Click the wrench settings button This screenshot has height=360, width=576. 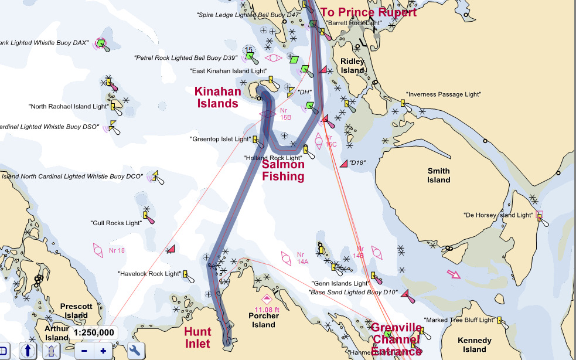(135, 351)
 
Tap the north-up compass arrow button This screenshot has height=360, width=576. (28, 351)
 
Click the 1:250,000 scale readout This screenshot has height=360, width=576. (94, 332)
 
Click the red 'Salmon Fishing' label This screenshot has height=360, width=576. (283, 171)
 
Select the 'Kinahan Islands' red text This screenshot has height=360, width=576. (217, 97)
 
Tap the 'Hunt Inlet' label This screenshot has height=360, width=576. (197, 337)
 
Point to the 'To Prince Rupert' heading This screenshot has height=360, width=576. (368, 12)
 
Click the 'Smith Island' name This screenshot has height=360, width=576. (438, 175)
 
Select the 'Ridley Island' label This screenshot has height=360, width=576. (352, 66)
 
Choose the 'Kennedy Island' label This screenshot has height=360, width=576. (475, 345)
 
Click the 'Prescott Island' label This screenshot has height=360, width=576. (76, 311)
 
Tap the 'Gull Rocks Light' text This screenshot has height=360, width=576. (116, 223)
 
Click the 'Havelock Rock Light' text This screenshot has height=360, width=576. (149, 274)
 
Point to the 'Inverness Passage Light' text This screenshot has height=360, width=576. (444, 94)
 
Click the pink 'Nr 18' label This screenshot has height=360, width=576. (117, 250)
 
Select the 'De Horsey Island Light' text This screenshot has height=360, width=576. (498, 215)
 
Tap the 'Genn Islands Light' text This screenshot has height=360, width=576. (340, 283)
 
